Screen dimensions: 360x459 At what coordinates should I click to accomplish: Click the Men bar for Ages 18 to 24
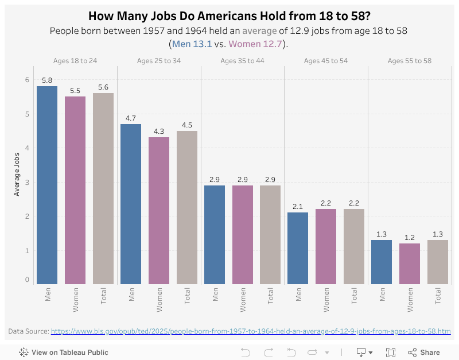[47, 185]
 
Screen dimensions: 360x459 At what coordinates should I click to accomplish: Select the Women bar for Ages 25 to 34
[159, 211]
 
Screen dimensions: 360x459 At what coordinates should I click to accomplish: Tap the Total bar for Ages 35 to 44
[270, 234]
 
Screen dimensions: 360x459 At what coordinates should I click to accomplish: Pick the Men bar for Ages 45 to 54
[298, 248]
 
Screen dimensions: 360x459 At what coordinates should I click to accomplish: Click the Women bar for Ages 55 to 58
[410, 264]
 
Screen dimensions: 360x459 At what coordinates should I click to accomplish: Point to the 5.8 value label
[47, 81]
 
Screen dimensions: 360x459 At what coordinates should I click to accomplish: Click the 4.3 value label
[159, 132]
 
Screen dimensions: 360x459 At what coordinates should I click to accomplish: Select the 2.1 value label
[298, 207]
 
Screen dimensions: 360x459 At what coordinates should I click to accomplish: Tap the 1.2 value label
[410, 238]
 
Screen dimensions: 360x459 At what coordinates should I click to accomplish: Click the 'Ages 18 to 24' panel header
[75, 61]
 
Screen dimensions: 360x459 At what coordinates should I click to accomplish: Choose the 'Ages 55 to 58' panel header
[410, 61]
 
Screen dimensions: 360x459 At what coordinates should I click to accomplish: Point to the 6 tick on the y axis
[26, 80]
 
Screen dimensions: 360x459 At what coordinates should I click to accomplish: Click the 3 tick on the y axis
[26, 183]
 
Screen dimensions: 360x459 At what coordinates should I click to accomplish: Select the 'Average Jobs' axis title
[17, 174]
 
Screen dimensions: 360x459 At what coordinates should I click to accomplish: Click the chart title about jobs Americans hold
[229, 16]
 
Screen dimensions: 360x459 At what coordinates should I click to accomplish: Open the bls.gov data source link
[251, 331]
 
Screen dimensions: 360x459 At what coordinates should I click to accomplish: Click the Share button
[424, 353]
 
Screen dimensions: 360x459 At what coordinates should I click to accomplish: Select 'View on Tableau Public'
[64, 353]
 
